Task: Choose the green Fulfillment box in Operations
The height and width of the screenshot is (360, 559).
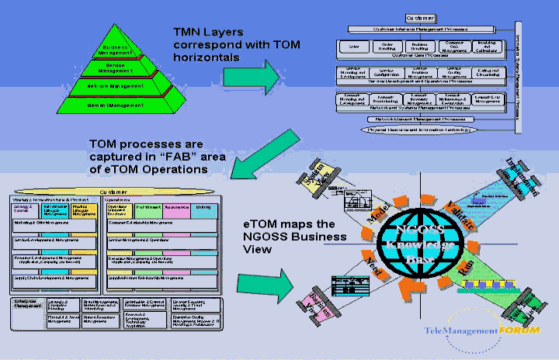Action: (148, 208)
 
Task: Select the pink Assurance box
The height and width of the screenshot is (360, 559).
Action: (178, 208)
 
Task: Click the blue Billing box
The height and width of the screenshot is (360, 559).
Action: (203, 208)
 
